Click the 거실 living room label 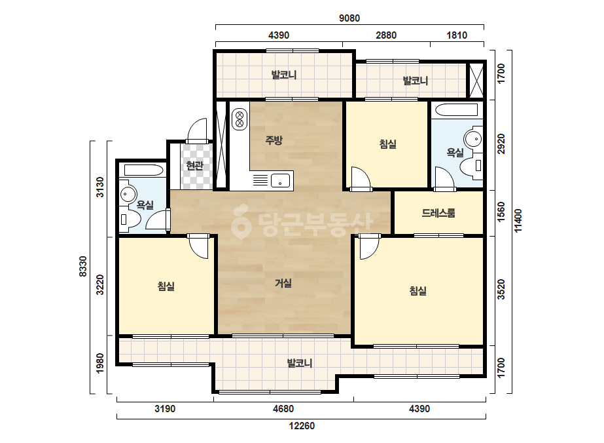pyautogui.click(x=283, y=283)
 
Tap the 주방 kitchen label pyautogui.click(x=274, y=140)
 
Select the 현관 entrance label pyautogui.click(x=194, y=166)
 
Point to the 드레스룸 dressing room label pyautogui.click(x=438, y=212)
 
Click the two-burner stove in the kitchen pyautogui.click(x=240, y=119)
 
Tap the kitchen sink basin pyautogui.click(x=281, y=180)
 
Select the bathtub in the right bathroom pyautogui.click(x=457, y=110)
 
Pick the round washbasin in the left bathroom pyautogui.click(x=128, y=194)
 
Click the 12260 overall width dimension pyautogui.click(x=302, y=426)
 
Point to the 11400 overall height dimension pyautogui.click(x=518, y=220)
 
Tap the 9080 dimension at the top pyautogui.click(x=349, y=18)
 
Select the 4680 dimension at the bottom pyautogui.click(x=283, y=409)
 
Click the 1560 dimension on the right pyautogui.click(x=501, y=212)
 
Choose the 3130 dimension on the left pyautogui.click(x=99, y=187)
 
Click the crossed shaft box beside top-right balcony pyautogui.click(x=475, y=80)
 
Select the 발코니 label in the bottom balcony pyautogui.click(x=299, y=363)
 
